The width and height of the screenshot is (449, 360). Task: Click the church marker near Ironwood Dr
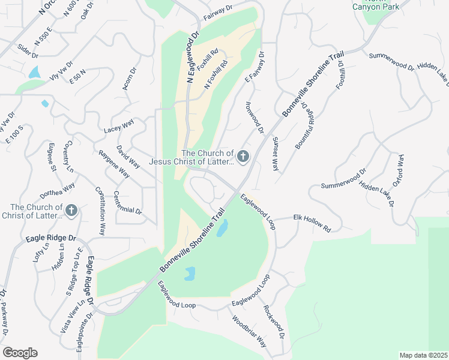coord(243,157)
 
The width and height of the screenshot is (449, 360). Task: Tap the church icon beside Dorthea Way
coord(71,210)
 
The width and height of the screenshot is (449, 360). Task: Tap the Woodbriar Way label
coord(250,332)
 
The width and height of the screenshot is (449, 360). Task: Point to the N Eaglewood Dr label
coord(192,57)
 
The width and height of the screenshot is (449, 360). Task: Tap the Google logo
coord(20,353)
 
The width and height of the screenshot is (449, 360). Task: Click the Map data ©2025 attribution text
coord(423,355)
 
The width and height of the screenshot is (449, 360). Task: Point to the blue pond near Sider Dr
coord(34,73)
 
